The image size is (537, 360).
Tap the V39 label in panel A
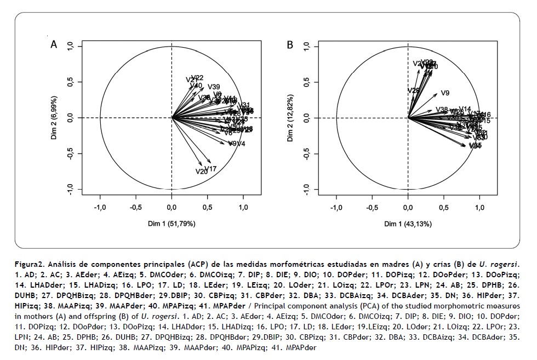coord(214,87)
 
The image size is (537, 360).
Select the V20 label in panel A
coord(201,172)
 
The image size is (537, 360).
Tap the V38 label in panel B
coord(442,110)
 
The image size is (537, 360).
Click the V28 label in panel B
coord(414,90)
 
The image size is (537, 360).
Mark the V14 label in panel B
coord(465,109)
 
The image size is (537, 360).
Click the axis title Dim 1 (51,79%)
coord(172,224)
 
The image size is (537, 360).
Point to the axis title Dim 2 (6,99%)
coord(54,118)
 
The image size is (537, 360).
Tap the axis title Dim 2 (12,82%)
coord(290,118)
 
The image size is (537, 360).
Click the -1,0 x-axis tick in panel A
coord(100,208)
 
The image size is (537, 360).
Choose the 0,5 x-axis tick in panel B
coord(444,208)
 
